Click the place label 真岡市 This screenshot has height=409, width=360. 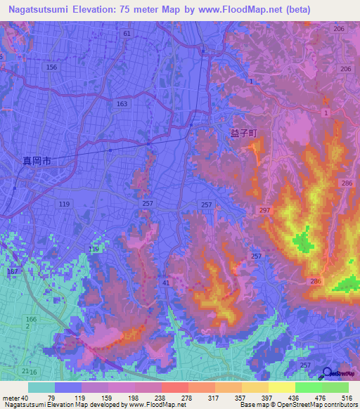[34, 161]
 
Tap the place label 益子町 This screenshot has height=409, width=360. [244, 131]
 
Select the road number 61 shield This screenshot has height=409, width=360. [126, 34]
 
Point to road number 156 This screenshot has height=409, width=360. [51, 67]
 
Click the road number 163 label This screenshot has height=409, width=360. [122, 103]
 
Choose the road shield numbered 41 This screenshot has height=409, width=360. [165, 283]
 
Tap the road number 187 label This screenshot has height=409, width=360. [11, 271]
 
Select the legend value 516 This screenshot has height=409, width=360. [347, 398]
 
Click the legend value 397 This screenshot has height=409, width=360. [266, 398]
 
